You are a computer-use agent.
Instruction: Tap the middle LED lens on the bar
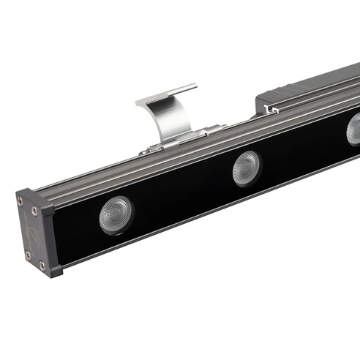(247, 168)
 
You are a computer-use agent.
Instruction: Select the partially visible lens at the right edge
(354, 130)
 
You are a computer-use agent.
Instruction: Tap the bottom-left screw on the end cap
(28, 255)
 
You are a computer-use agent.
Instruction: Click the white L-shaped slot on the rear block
(269, 110)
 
